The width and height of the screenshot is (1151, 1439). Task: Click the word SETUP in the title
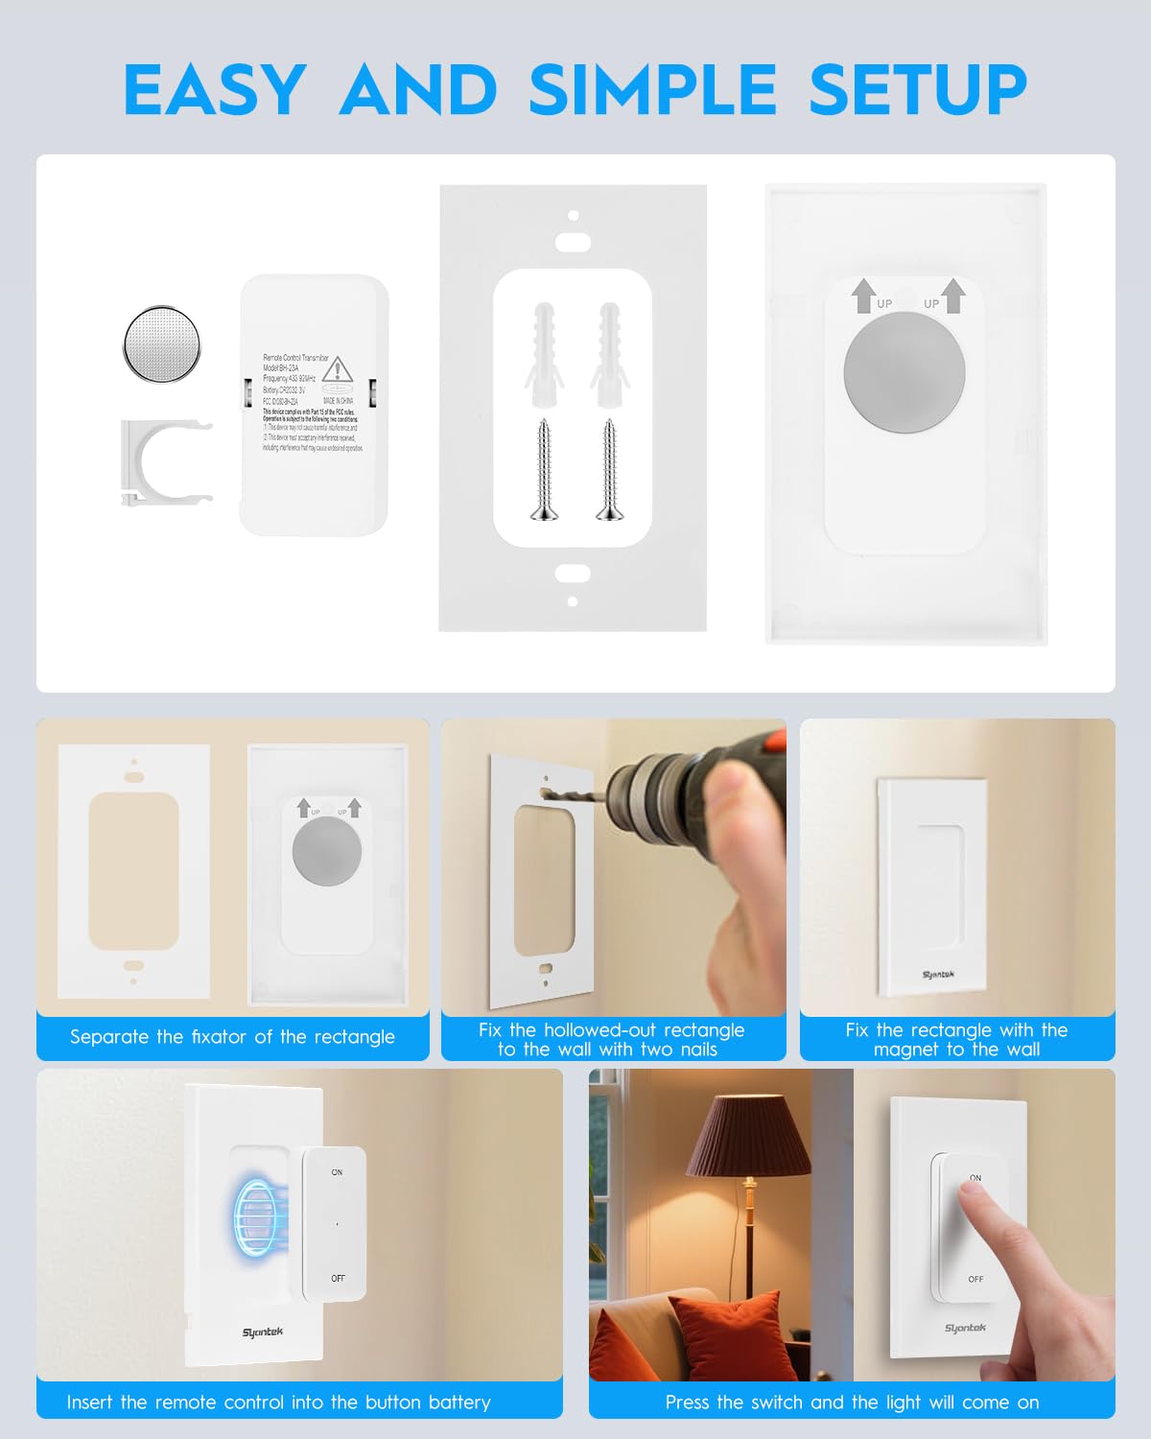tap(918, 90)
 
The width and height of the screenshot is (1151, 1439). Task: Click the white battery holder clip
tap(163, 461)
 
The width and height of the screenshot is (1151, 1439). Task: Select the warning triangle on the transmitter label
tap(337, 370)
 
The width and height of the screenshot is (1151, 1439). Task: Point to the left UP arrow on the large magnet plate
tap(863, 295)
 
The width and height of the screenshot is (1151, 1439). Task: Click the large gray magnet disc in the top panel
tap(904, 371)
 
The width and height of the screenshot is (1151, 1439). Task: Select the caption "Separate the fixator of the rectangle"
tap(232, 1037)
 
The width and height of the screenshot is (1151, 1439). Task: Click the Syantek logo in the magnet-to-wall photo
tap(938, 975)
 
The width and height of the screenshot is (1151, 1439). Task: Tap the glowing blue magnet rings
tap(256, 1217)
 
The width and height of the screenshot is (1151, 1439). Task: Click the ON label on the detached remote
tap(337, 1172)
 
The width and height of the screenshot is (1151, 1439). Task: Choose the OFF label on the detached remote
tap(338, 1279)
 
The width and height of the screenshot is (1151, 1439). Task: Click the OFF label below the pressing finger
tap(975, 1280)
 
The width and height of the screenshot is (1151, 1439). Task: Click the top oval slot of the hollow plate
tap(573, 242)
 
